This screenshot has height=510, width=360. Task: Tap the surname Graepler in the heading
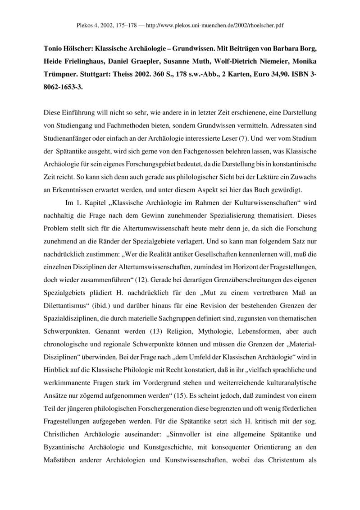[x=163, y=61]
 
